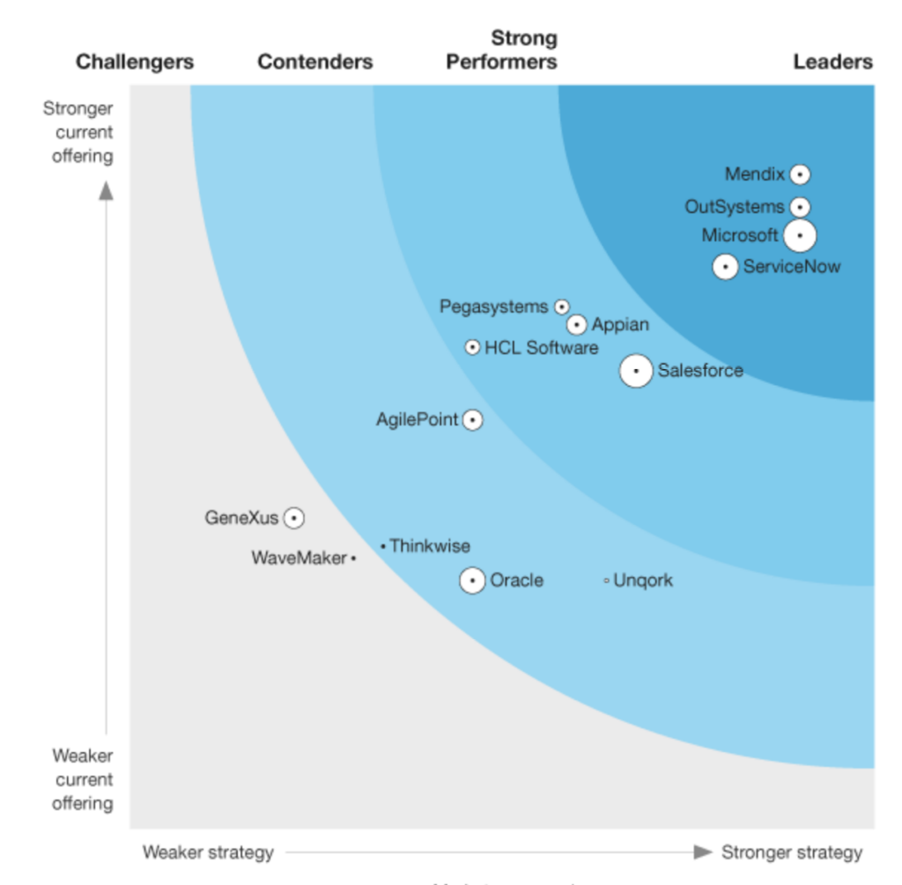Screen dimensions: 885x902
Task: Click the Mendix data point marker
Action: (799, 174)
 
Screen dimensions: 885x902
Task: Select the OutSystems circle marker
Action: (799, 207)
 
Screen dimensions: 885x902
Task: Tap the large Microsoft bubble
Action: (799, 236)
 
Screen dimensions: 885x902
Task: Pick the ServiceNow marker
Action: (725, 266)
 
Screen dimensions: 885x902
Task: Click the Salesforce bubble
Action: (636, 371)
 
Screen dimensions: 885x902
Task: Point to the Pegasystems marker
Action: (562, 306)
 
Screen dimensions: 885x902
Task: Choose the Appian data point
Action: (576, 325)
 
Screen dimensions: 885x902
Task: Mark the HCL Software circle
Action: (473, 348)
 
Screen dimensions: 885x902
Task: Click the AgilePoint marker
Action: (473, 420)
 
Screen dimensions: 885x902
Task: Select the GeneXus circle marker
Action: (294, 518)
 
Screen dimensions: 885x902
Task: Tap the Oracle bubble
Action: (473, 580)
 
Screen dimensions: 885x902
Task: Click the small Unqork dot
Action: (606, 580)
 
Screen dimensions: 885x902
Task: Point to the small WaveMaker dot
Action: (353, 558)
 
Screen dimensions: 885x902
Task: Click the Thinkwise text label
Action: (430, 546)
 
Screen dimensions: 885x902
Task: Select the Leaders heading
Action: (832, 62)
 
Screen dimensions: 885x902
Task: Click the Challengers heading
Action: (135, 62)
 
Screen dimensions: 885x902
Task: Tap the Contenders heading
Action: (315, 62)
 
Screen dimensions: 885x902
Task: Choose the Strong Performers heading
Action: (501, 50)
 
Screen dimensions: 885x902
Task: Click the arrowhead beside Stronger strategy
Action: (703, 852)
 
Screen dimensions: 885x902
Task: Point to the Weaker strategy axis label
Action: (208, 852)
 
